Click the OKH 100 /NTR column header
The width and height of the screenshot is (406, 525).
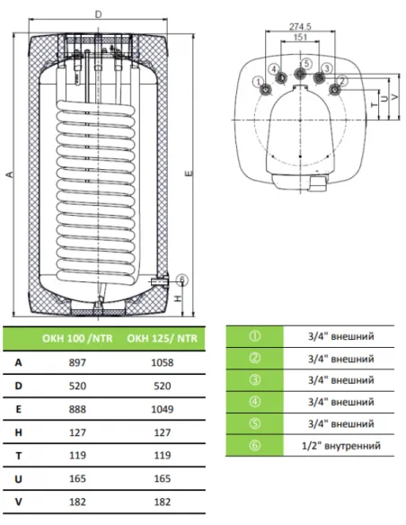[x=77, y=338]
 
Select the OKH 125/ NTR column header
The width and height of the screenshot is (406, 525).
[x=163, y=338]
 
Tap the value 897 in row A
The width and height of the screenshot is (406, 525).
[x=77, y=362]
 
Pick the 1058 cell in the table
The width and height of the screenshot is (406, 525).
[x=163, y=362]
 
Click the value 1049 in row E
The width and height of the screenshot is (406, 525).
[x=163, y=409]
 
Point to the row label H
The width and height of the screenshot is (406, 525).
[x=18, y=432]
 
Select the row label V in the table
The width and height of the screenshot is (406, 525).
[x=18, y=502]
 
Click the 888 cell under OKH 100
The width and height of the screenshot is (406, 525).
[x=77, y=409]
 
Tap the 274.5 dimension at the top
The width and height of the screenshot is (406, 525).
[x=300, y=26]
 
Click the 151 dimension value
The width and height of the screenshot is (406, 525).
[x=300, y=37]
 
